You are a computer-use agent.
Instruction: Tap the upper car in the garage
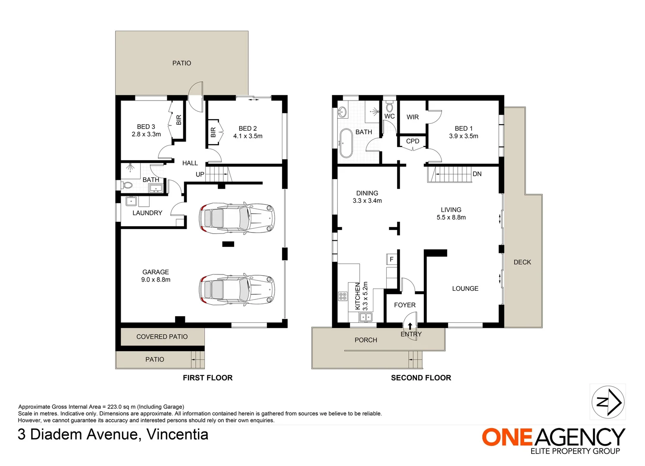(x=237, y=218)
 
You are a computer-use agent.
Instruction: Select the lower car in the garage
(x=237, y=290)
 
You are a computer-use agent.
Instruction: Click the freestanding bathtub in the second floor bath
(x=345, y=143)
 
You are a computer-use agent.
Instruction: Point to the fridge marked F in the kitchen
(x=391, y=259)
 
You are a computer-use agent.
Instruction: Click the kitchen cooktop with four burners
(x=343, y=296)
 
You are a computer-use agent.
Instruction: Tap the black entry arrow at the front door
(x=410, y=326)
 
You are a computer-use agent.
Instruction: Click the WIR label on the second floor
(x=412, y=117)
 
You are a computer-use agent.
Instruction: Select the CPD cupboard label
(x=412, y=141)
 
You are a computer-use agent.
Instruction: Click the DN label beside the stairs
(x=477, y=174)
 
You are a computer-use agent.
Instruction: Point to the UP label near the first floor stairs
(x=200, y=174)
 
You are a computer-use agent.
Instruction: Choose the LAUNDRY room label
(x=147, y=213)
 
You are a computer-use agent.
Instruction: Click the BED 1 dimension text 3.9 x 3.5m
(x=463, y=136)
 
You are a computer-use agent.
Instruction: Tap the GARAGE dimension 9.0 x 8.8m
(x=156, y=280)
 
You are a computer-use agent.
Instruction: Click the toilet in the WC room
(x=389, y=107)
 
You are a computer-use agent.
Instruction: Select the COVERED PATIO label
(x=162, y=337)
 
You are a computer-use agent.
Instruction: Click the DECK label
(x=522, y=262)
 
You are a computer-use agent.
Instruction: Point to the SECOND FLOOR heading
(x=421, y=378)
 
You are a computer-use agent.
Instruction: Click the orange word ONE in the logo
(x=507, y=437)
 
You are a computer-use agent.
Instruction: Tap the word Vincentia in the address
(x=177, y=435)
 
